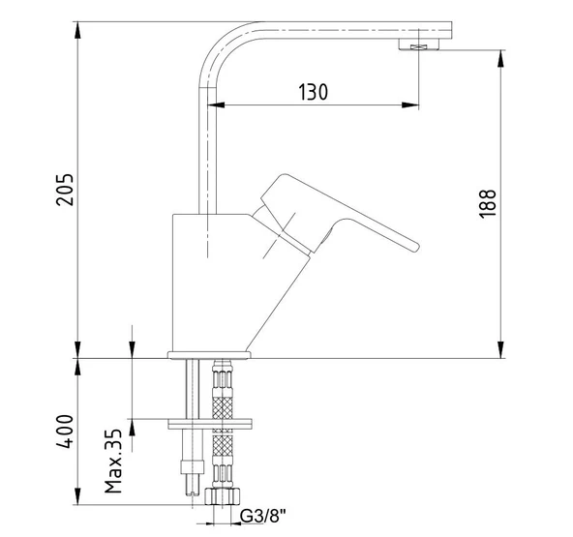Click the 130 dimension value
pyautogui.click(x=312, y=93)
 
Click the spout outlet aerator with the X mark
pyautogui.click(x=419, y=45)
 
